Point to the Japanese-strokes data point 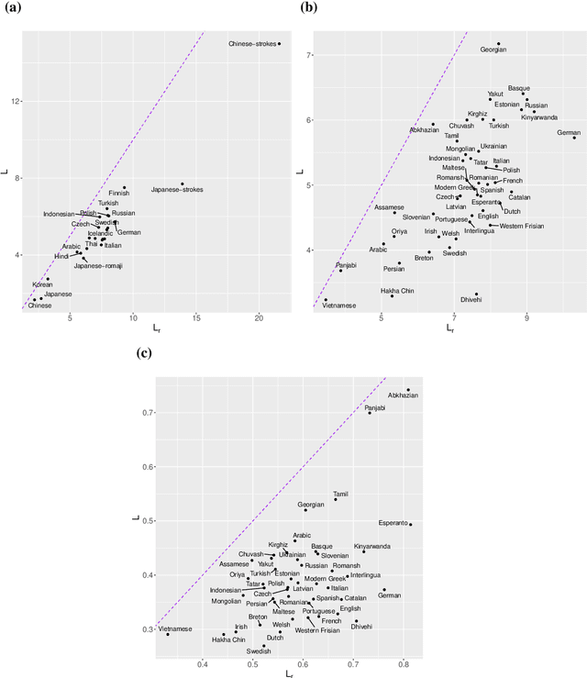pyautogui.click(x=182, y=183)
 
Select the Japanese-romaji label pyautogui.click(x=99, y=266)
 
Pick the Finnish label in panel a pyautogui.click(x=119, y=194)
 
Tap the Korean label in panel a pyautogui.click(x=42, y=285)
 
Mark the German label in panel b pyautogui.click(x=569, y=133)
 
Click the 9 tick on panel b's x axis pyautogui.click(x=526, y=318)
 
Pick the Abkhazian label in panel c pyautogui.click(x=403, y=395)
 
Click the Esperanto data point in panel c pyautogui.click(x=410, y=525)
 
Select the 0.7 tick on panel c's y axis pyautogui.click(x=145, y=413)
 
